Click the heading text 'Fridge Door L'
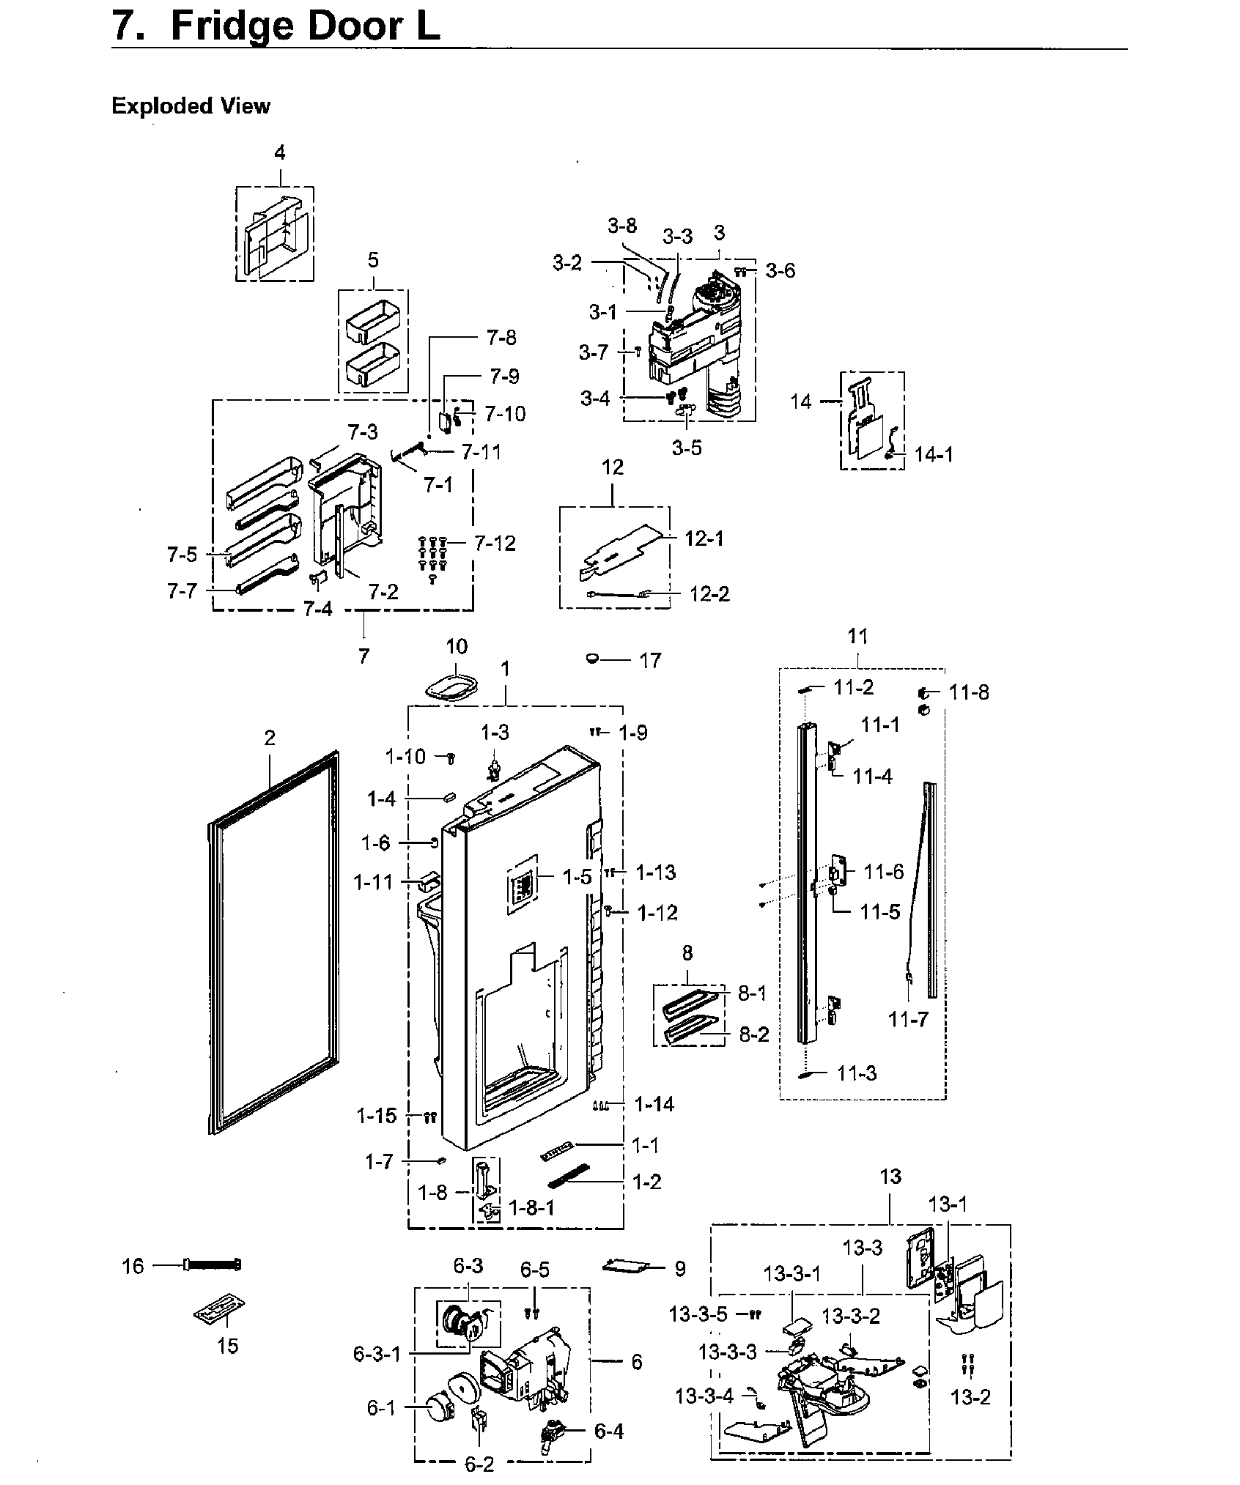tap(305, 26)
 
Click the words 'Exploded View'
tap(191, 106)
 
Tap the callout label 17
tap(650, 660)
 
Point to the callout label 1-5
tap(577, 878)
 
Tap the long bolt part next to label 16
tap(213, 1265)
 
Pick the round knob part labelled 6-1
tap(439, 1408)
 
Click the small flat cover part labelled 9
tap(627, 1265)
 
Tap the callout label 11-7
tap(908, 1019)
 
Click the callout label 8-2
tap(753, 1034)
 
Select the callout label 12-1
tap(704, 538)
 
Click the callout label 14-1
tap(934, 455)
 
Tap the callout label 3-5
tap(687, 448)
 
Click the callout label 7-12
tap(495, 544)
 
